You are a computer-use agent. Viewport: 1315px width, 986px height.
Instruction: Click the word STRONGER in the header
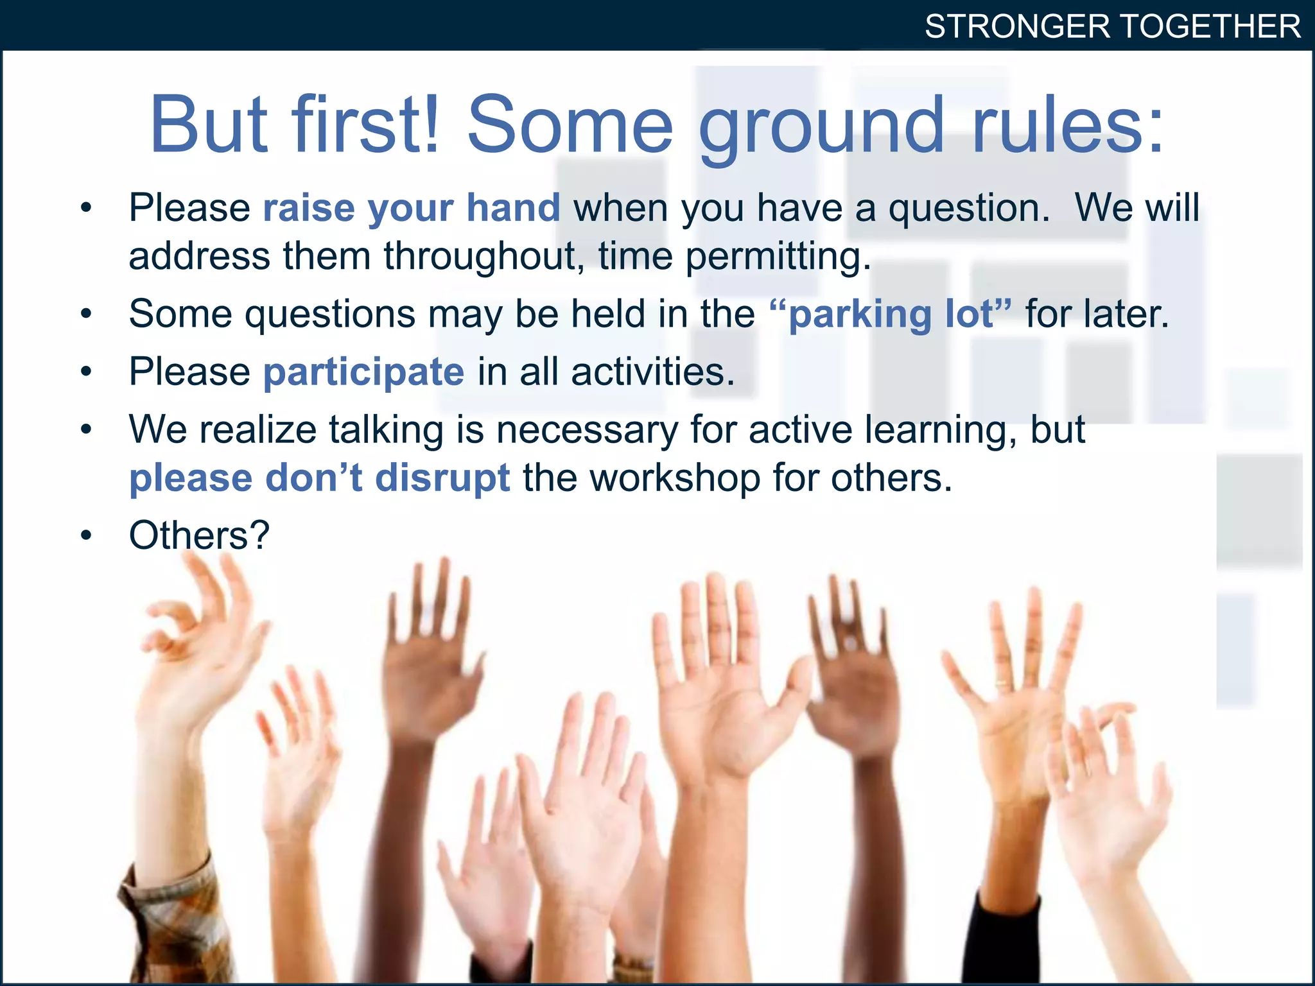pos(1017,27)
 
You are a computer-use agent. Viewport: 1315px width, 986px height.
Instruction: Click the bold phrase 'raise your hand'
pos(412,209)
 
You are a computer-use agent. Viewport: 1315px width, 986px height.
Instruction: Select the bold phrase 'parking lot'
pos(891,315)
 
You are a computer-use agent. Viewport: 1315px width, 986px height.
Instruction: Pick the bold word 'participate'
pos(363,373)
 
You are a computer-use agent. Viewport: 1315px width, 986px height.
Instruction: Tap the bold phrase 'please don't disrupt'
pos(320,478)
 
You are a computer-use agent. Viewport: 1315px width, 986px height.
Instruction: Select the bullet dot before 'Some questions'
pos(87,314)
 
